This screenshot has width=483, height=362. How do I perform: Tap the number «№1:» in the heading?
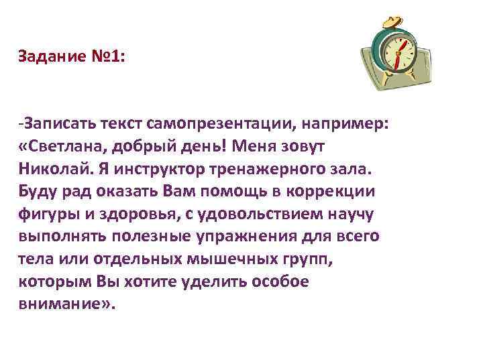coord(106,57)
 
